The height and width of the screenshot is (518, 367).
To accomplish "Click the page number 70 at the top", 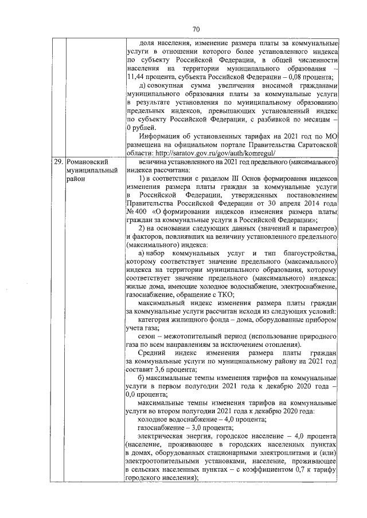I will pyautogui.click(x=196, y=30).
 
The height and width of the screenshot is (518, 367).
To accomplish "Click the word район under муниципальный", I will pyautogui.click(x=76, y=179).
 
